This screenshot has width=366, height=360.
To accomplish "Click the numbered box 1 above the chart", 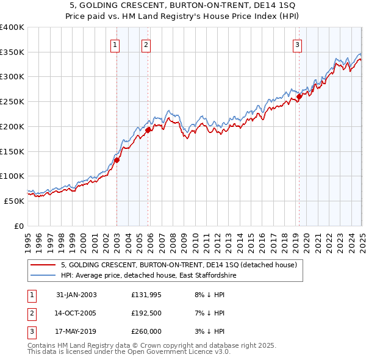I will tap(115, 44).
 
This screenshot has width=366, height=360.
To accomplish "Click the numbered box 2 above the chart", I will tap(146, 44).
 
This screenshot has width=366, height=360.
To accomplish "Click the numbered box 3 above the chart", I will tap(297, 44).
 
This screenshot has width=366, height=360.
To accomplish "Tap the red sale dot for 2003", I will tap(117, 160).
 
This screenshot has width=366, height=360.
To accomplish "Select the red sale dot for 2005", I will tap(148, 129).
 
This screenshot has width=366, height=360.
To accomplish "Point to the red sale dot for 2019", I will tap(300, 96).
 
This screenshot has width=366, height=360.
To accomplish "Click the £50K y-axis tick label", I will tap(15, 201).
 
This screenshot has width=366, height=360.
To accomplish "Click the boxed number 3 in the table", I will tap(31, 331).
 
